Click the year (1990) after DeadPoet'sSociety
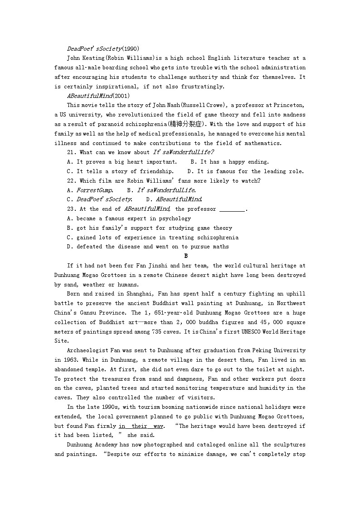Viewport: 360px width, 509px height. pyautogui.click(x=131, y=48)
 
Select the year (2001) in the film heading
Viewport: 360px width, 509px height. pyautogui.click(x=121, y=96)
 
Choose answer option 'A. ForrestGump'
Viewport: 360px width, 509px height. pyautogui.click(x=90, y=190)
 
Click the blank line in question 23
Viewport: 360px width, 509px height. pyautogui.click(x=232, y=209)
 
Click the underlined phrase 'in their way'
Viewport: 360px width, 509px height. pyautogui.click(x=141, y=426)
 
